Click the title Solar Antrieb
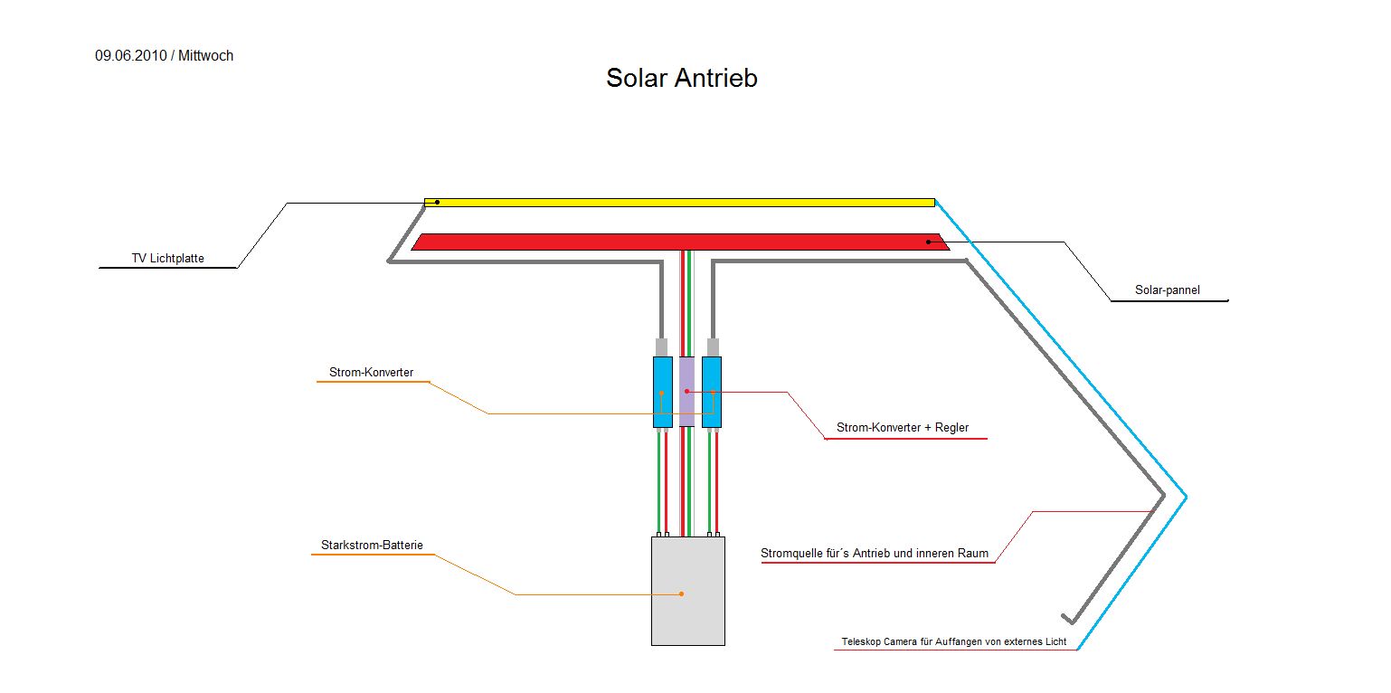point(681,79)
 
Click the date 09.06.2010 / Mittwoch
point(164,56)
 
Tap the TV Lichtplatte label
point(168,259)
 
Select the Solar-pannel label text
point(1168,291)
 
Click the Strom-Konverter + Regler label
point(902,428)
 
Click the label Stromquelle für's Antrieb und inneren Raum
point(875,554)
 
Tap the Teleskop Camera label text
point(953,642)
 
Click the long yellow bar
point(678,203)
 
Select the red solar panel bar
point(678,242)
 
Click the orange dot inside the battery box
point(681,594)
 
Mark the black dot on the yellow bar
point(437,202)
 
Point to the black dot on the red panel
point(928,242)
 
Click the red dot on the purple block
point(687,391)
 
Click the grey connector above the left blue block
point(661,347)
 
